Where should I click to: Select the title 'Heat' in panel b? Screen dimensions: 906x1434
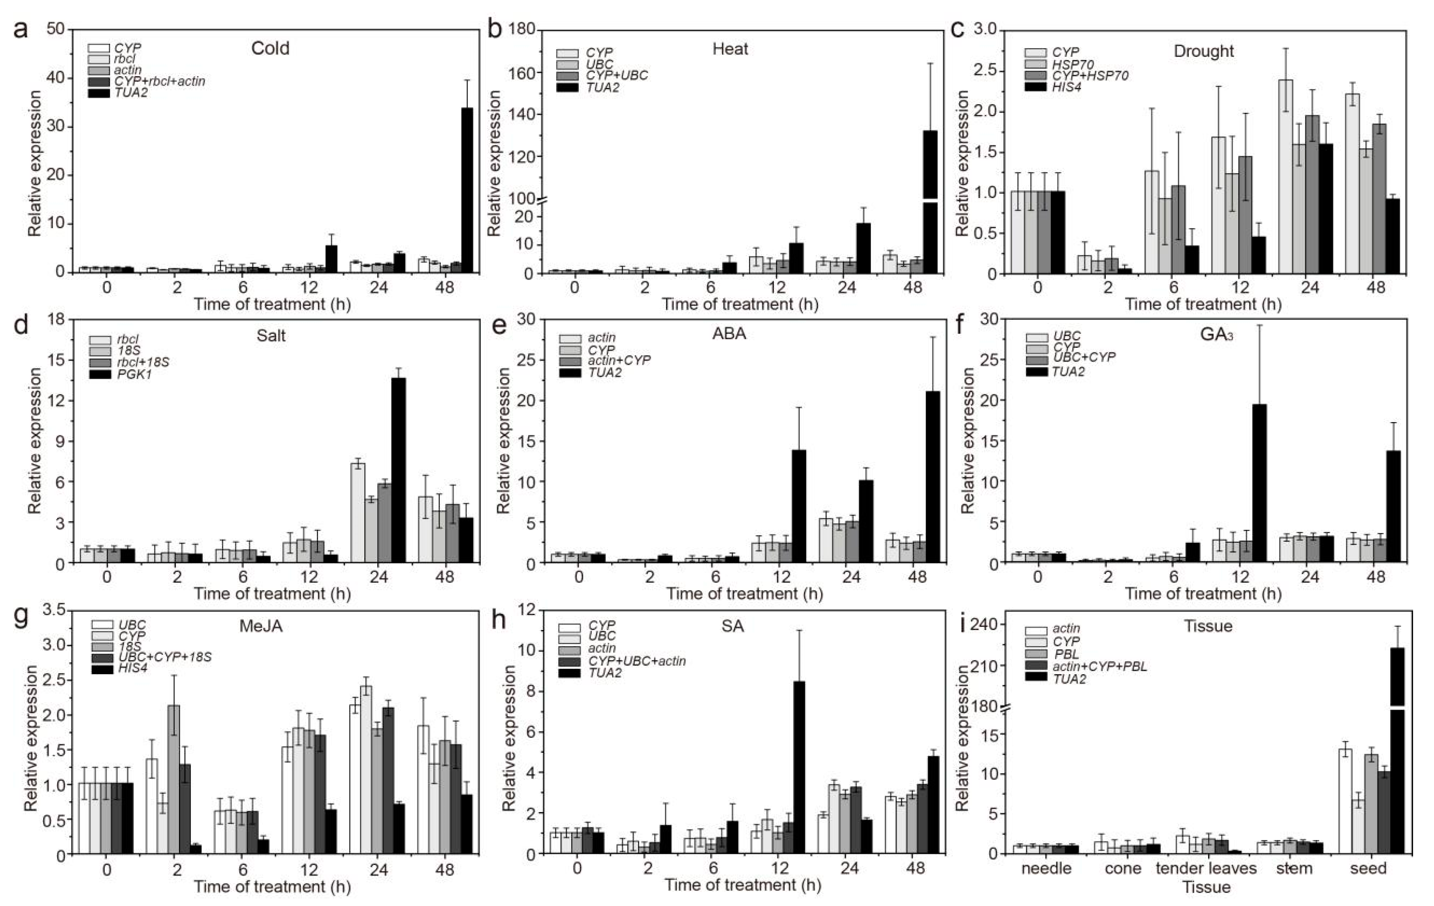pos(730,49)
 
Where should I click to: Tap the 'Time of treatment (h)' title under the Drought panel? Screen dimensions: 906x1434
pos(1203,304)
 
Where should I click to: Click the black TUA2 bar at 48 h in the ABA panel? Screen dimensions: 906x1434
pos(933,476)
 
